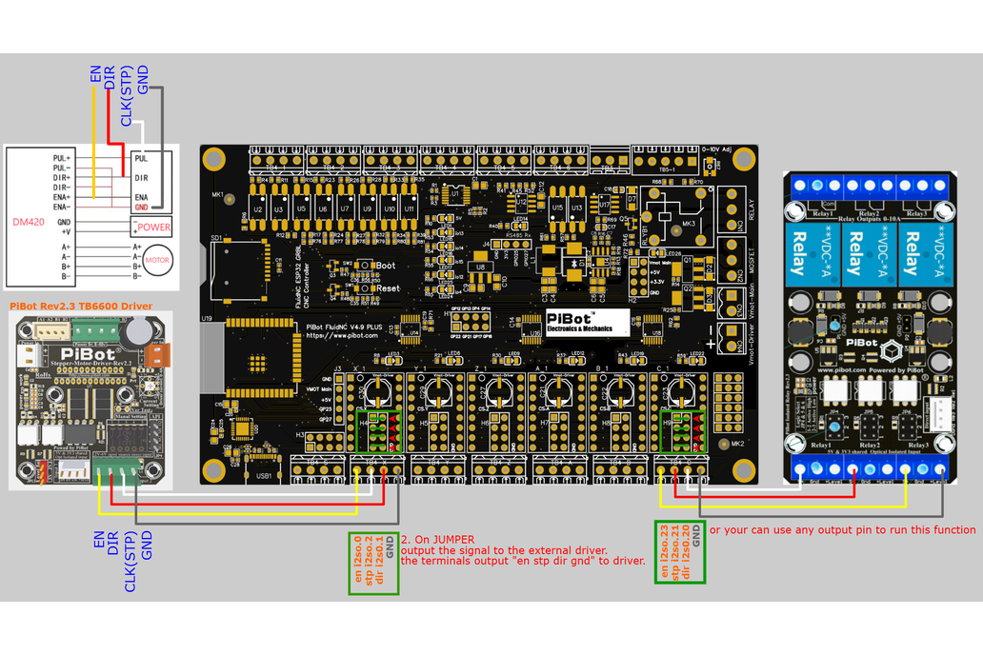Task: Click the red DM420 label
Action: (x=29, y=221)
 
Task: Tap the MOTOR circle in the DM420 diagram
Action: (x=156, y=260)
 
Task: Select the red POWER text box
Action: (x=152, y=227)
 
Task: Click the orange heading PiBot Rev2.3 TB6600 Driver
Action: (x=81, y=306)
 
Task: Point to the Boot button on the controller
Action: (x=363, y=266)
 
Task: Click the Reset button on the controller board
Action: (x=363, y=288)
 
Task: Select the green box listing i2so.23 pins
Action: (x=679, y=552)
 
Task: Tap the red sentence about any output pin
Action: (x=842, y=529)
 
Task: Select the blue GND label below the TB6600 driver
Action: (x=148, y=544)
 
